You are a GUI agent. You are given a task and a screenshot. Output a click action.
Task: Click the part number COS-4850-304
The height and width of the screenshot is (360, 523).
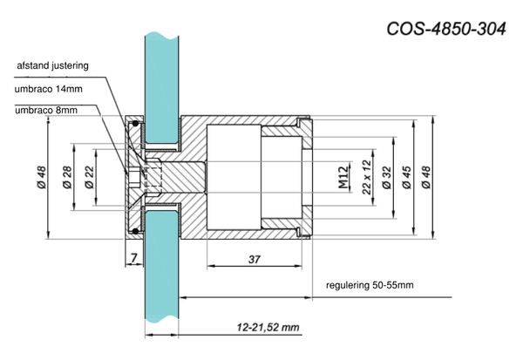pos(446,29)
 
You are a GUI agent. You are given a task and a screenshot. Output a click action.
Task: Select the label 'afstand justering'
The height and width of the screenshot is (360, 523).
pos(52,65)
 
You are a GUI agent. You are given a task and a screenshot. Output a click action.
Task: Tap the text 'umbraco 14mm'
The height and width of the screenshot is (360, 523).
pos(48,89)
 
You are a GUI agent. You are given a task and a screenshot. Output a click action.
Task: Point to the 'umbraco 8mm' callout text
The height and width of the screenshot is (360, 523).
pos(46,110)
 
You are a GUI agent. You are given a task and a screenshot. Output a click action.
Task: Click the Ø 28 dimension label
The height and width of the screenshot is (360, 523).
pos(67,177)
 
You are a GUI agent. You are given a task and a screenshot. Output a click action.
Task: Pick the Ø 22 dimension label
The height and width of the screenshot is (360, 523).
pos(90,177)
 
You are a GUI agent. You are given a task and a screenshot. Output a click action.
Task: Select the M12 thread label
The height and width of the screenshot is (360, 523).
pos(343,177)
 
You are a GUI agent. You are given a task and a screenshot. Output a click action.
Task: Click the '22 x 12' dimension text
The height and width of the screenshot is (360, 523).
pos(367,177)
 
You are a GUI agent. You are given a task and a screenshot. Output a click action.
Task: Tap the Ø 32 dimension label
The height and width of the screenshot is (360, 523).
pos(386,178)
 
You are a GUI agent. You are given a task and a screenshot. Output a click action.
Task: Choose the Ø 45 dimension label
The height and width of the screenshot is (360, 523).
pos(407,178)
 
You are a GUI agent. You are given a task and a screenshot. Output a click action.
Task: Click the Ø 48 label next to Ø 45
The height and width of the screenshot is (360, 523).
pos(426,178)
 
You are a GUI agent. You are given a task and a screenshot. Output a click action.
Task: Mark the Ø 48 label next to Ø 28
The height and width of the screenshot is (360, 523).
pos(42,177)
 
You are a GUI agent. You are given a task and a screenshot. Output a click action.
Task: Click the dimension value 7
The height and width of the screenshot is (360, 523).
pos(133,258)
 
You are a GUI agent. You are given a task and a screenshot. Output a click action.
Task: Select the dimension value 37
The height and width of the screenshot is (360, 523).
pos(255,259)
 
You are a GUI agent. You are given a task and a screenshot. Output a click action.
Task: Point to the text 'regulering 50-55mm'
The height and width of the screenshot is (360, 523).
pos(370,285)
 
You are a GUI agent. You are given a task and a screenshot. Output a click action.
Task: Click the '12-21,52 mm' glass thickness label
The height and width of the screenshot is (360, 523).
pos(268,327)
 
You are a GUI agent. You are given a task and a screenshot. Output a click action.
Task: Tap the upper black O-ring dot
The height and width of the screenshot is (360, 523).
pos(135,124)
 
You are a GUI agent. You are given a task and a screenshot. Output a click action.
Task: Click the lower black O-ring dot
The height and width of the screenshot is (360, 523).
pos(135,231)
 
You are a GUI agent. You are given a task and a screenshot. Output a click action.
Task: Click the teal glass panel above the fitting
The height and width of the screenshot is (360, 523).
pos(162,88)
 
